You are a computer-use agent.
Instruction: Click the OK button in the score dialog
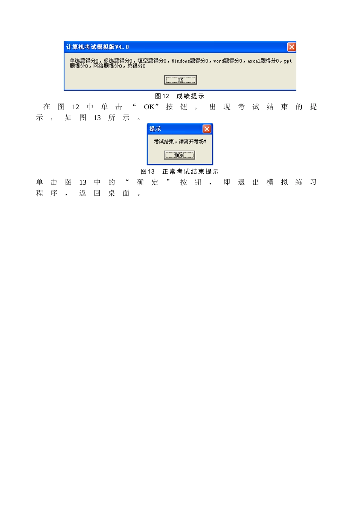pos(180,80)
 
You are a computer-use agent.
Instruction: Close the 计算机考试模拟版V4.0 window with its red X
pos(291,47)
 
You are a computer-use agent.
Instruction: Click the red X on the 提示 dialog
pos(207,129)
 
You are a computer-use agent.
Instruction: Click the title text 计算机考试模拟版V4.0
pos(97,47)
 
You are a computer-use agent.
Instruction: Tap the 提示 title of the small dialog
pos(155,129)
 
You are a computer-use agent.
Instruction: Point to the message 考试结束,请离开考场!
pos(180,141)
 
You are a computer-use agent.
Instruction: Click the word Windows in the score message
pos(180,61)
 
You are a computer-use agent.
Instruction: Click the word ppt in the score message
pos(288,61)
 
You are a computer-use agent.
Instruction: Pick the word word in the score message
pos(218,61)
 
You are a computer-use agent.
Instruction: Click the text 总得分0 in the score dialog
pos(136,66)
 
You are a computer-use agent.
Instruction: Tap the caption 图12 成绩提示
pos(180,96)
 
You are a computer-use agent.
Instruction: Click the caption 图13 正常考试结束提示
pos(180,171)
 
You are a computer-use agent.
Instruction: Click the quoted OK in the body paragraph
pos(149,107)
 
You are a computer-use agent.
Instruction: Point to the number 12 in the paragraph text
pos(75,107)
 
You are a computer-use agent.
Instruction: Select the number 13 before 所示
pos(97,118)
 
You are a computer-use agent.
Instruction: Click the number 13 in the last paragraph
pos(83,182)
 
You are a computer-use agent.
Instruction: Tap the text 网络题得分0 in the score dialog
pos(107,66)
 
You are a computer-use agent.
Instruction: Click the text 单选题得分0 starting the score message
pos(84,61)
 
